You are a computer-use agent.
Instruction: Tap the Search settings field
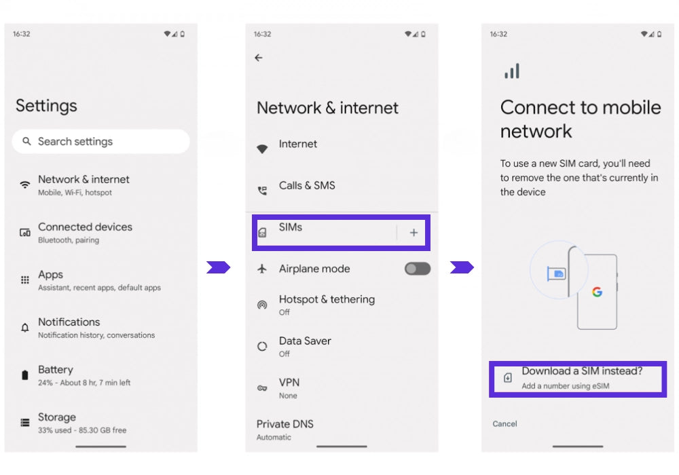pos(101,141)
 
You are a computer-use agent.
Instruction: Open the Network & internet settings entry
pos(84,185)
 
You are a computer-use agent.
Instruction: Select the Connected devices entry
pos(85,233)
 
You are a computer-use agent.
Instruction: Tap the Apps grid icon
pos(25,280)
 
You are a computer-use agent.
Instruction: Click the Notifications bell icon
pos(25,328)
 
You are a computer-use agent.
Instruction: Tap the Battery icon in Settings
pos(25,375)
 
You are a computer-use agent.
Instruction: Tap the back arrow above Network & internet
pos(259,58)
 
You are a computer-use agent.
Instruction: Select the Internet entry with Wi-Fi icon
pos(297,144)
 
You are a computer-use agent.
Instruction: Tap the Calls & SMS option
pos(307,185)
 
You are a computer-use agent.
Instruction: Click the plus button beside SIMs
pos(414,233)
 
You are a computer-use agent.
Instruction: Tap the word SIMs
pos(291,227)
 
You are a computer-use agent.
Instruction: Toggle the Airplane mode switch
pos(418,269)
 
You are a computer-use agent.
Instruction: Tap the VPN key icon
pos(262,388)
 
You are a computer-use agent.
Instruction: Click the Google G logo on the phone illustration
pos(597,292)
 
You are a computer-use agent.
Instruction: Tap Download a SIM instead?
pos(582,371)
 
